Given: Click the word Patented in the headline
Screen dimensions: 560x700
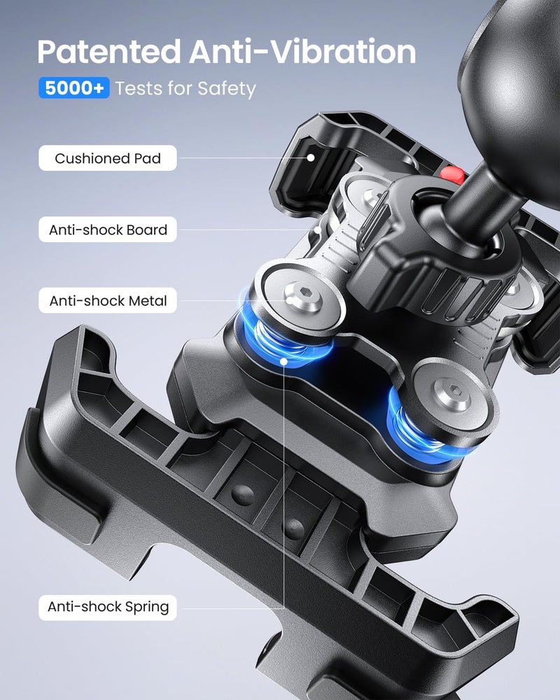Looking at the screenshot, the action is click(109, 52).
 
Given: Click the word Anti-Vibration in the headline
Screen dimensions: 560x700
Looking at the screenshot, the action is click(302, 52).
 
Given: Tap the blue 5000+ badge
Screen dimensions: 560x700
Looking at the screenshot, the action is click(74, 88).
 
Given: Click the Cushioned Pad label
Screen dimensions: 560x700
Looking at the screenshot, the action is click(108, 158).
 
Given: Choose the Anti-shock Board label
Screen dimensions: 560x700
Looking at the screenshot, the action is click(108, 230).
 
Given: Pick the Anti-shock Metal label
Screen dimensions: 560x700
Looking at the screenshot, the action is click(108, 300).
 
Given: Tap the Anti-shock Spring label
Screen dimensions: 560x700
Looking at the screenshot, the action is click(108, 607).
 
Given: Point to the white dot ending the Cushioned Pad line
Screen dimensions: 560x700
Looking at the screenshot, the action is click(311, 158).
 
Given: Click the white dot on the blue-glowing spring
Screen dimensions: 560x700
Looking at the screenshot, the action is click(283, 360).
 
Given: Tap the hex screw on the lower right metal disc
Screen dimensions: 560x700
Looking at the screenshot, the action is click(454, 394).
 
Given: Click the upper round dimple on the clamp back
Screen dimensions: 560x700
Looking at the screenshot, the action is click(243, 496).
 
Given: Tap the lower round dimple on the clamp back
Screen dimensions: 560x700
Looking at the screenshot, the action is click(293, 529).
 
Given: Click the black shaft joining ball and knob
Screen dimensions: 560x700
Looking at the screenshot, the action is click(476, 197).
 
